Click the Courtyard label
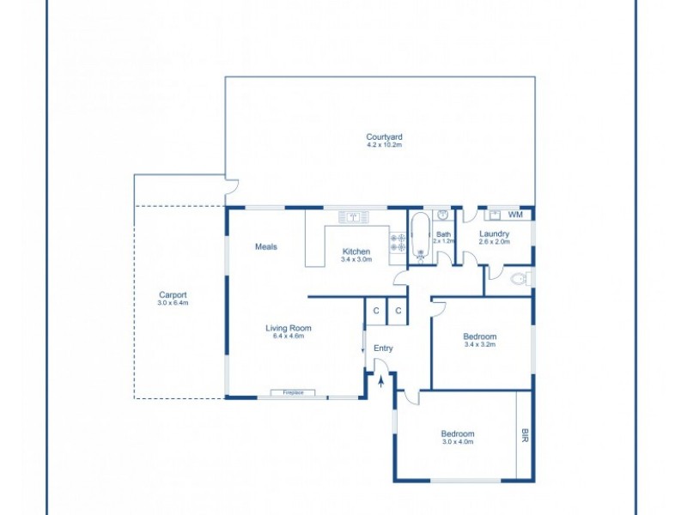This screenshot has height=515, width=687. point(384,136)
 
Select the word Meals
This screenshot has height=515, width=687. point(266,247)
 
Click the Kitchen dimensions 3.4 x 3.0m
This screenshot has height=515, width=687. point(356,259)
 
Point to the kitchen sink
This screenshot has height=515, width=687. point(353,216)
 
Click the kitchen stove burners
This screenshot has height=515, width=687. point(398,243)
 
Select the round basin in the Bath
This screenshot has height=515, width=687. point(443,215)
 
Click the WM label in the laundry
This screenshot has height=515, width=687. point(514,215)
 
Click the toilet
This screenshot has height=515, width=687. point(520,279)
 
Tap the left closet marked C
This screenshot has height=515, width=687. point(376,311)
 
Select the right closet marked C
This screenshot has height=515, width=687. point(398,311)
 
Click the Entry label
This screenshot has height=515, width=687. point(383,348)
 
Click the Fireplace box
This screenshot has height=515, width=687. point(293,392)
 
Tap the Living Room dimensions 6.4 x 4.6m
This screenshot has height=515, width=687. point(288,336)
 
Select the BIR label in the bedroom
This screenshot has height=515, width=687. point(525,436)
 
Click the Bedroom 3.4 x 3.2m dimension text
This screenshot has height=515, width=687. point(480,345)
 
